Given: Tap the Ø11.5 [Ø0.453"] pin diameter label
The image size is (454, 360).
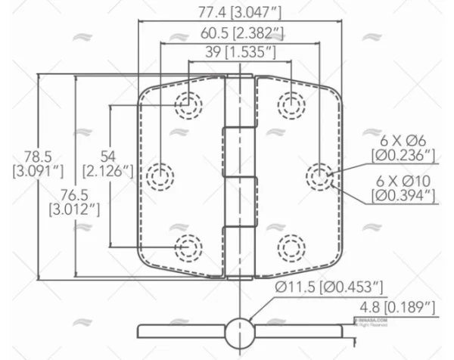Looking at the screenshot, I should point(329,287).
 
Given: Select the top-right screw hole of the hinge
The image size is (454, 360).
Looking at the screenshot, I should point(291,104).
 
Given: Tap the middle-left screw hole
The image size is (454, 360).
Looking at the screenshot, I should point(159,176).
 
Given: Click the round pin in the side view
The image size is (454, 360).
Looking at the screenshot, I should point(240,331).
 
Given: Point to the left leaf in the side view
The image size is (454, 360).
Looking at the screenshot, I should point(182,331).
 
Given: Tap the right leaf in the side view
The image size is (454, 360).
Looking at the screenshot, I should point(299,331).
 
